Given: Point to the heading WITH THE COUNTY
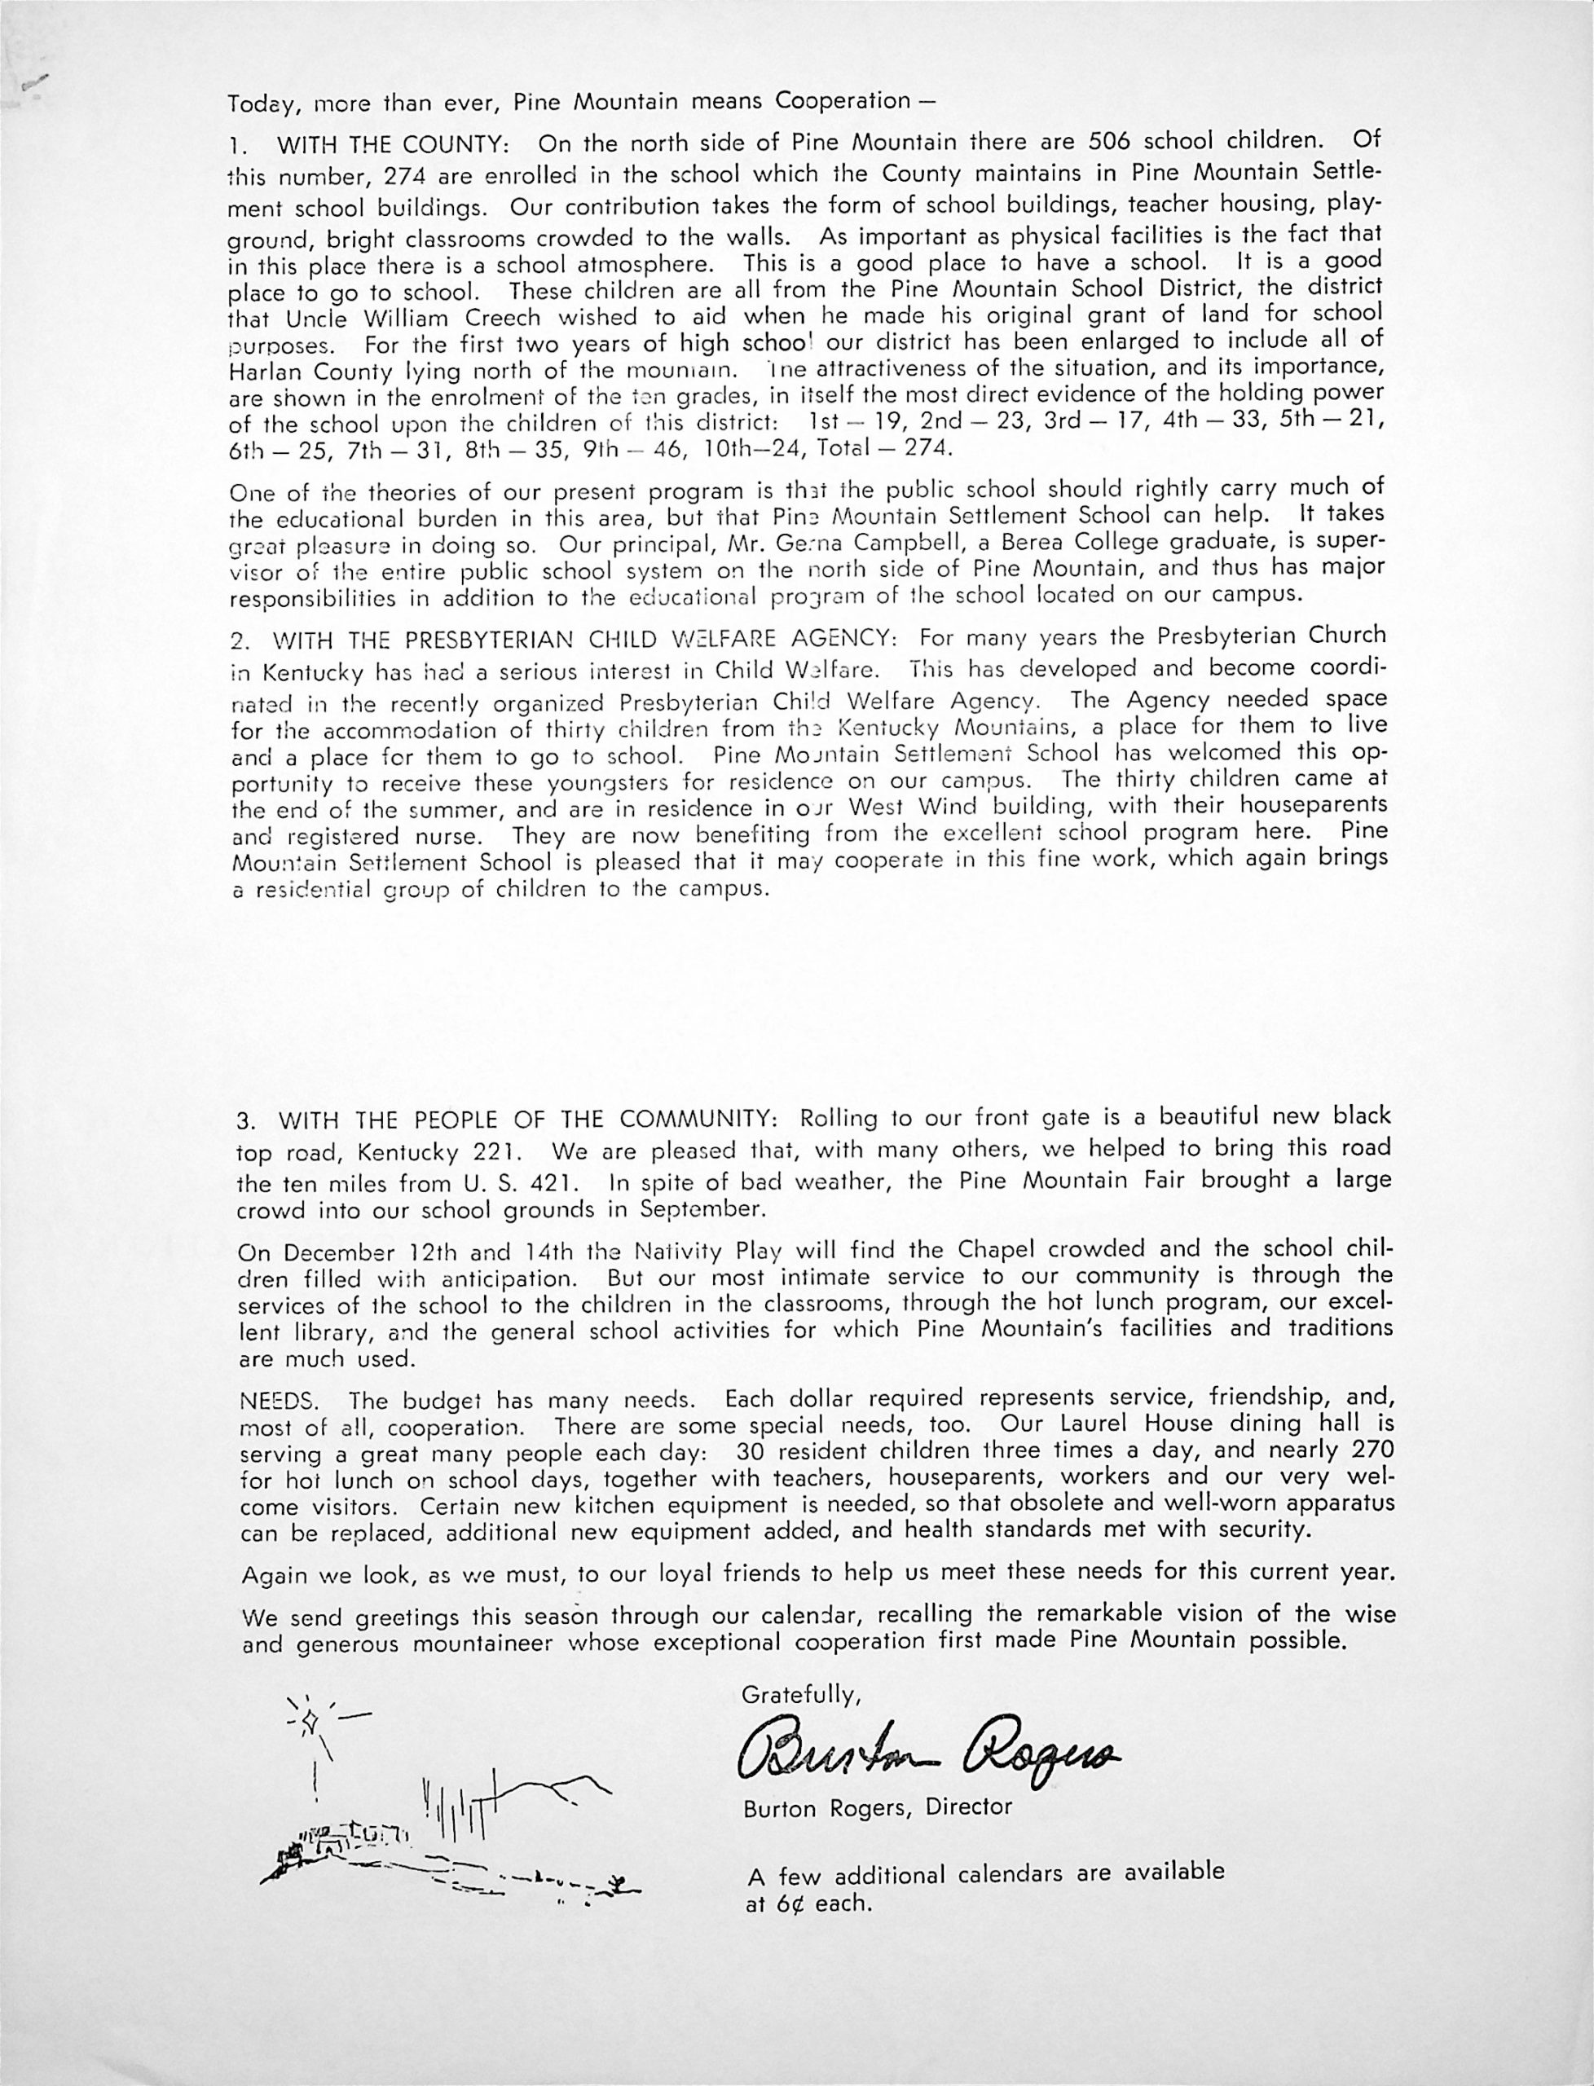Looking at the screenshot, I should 393,146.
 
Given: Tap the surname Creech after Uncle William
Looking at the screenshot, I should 498,316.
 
